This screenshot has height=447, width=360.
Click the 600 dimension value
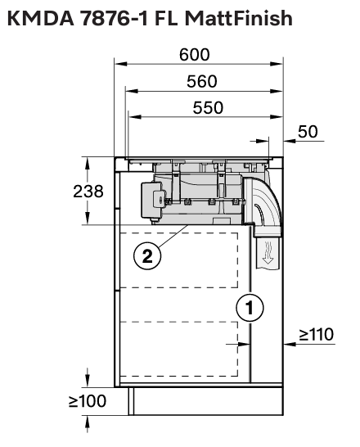195,55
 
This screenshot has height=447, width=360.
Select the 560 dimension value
202,81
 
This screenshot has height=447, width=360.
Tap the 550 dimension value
208,108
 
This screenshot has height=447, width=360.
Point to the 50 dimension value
308,132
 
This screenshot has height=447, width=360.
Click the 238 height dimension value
88,192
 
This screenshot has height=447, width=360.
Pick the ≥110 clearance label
317,334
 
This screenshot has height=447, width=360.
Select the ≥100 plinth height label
88,401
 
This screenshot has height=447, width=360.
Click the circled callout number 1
250,308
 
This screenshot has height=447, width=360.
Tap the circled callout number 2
147,256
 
